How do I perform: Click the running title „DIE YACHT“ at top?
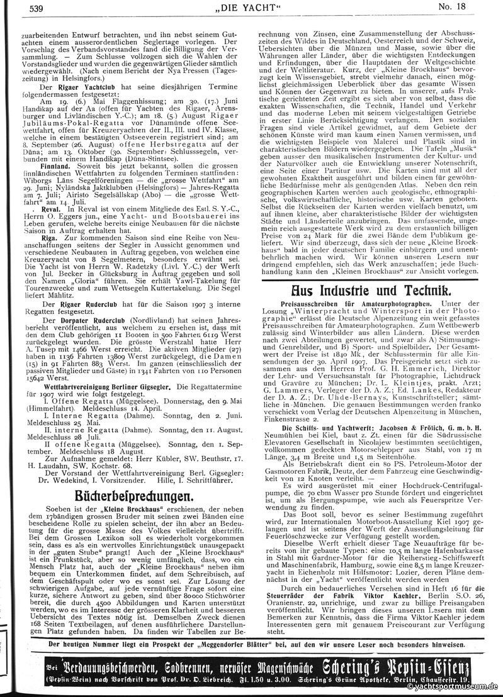click(x=251, y=9)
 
